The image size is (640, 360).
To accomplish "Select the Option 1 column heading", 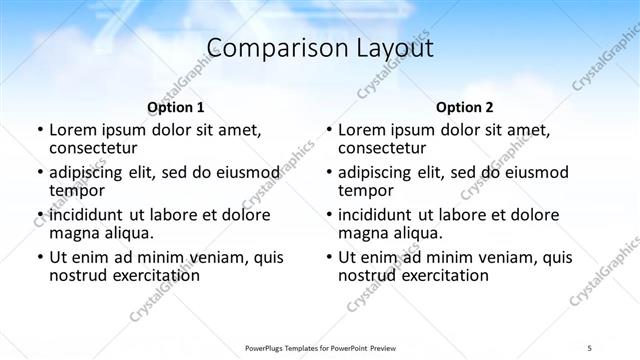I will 176,107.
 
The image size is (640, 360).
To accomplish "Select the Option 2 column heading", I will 465,107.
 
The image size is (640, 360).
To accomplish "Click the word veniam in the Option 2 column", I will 513,257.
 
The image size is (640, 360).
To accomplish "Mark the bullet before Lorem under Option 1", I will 39,130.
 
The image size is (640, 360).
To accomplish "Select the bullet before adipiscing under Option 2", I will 328,173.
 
